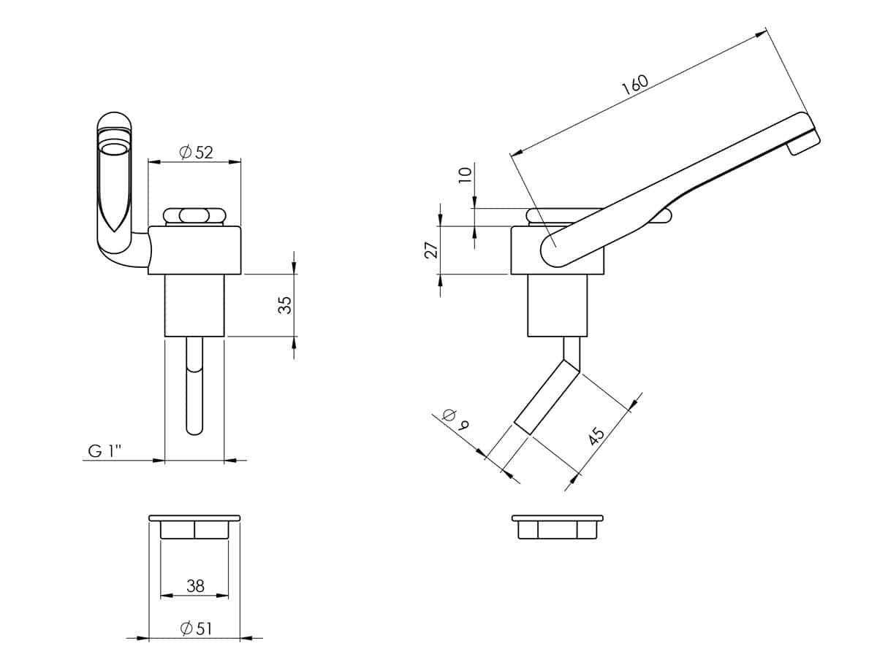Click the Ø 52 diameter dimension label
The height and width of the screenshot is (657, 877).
[196, 152]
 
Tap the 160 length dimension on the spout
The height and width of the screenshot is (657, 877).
[635, 85]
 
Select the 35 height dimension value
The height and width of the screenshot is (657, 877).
[285, 305]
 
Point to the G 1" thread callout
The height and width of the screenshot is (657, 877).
[105, 450]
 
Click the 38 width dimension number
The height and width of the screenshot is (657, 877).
[195, 585]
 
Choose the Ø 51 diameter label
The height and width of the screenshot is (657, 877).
[196, 629]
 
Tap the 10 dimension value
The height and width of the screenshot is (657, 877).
[465, 174]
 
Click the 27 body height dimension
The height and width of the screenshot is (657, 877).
[431, 250]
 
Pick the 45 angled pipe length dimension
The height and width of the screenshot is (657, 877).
[597, 436]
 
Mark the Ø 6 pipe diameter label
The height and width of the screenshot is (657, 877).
[456, 420]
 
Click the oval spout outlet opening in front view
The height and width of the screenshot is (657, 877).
[114, 150]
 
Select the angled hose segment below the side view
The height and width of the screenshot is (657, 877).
[546, 397]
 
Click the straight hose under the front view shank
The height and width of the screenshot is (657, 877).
[194, 385]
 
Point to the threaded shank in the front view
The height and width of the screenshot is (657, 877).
[194, 306]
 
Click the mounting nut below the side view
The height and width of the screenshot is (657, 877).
[558, 527]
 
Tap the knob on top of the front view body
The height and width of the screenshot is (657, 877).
[194, 216]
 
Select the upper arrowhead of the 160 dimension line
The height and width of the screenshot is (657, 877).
[760, 34]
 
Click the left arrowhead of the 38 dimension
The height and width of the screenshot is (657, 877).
[167, 596]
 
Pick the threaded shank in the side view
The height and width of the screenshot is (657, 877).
[558, 306]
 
